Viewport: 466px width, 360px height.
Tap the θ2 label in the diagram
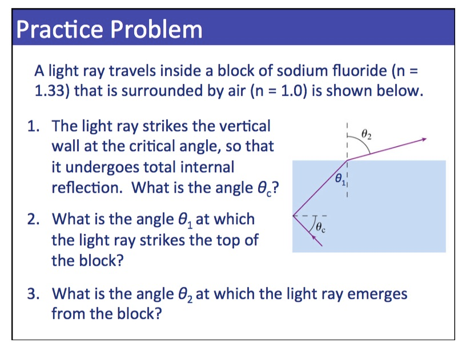pos(367,135)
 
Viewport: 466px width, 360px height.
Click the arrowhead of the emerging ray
pos(424,139)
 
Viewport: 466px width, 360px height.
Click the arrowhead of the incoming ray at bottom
pos(314,238)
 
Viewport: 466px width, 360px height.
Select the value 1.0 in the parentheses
pos(287,91)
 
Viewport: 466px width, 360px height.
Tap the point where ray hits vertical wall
pos(293,216)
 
